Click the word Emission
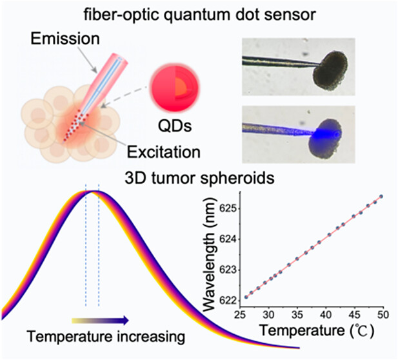click(x=65, y=39)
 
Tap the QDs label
click(x=175, y=126)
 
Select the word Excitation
click(x=163, y=152)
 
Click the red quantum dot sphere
click(x=175, y=88)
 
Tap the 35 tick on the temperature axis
click(x=297, y=315)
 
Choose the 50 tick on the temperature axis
click(x=383, y=315)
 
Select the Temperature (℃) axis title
click(x=317, y=331)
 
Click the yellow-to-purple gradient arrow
click(x=100, y=321)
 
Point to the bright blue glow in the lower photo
click(x=326, y=134)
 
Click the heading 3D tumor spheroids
click(x=199, y=178)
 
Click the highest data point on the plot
click(x=381, y=197)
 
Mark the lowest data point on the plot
click(x=246, y=297)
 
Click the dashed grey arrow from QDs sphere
click(x=125, y=96)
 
